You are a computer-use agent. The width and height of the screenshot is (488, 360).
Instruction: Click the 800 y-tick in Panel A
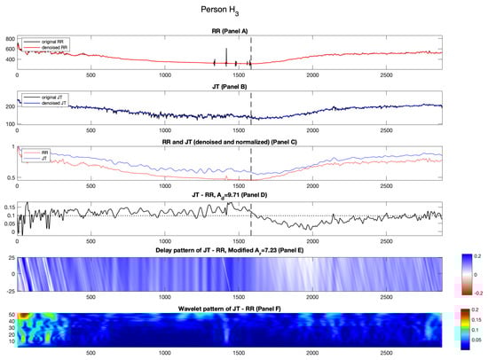tap(10, 39)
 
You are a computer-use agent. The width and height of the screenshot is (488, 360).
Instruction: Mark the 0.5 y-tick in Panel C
tap(11, 178)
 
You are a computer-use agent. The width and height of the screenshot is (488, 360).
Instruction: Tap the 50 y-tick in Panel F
tap(10, 315)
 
